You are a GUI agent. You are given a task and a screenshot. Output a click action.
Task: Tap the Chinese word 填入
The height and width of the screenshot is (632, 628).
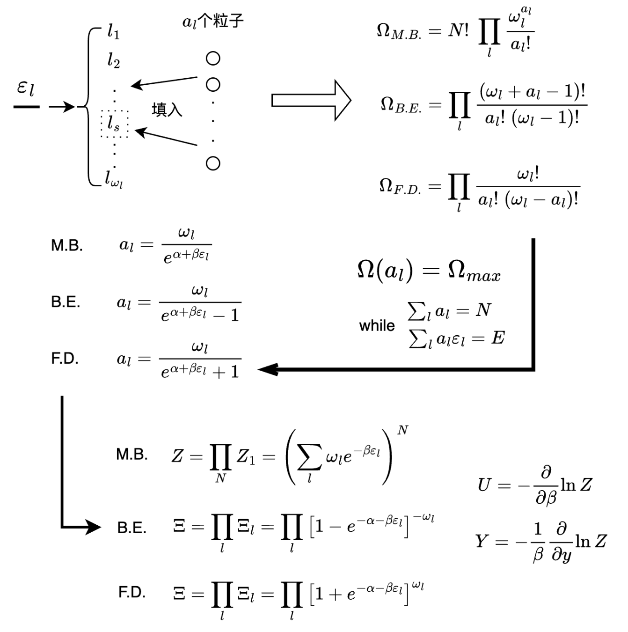pyautogui.click(x=167, y=110)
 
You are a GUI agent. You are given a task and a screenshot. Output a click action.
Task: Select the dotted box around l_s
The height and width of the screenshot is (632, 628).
pyautogui.click(x=114, y=124)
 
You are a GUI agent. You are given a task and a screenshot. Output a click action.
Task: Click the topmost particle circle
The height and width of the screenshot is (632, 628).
pyautogui.click(x=213, y=59)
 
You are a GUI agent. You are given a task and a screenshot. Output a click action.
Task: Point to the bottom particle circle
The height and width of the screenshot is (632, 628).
pyautogui.click(x=213, y=163)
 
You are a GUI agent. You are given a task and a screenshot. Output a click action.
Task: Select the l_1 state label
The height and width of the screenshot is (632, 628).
pyautogui.click(x=113, y=32)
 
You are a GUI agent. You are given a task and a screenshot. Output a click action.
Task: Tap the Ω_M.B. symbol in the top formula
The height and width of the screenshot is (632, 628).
pyautogui.click(x=398, y=32)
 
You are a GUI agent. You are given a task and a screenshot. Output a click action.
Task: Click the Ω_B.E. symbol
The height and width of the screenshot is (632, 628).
pyautogui.click(x=401, y=105)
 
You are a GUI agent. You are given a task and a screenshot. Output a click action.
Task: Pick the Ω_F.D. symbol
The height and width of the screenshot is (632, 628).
pyautogui.click(x=400, y=186)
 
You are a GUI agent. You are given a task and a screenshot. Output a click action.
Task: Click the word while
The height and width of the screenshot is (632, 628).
pyautogui.click(x=377, y=325)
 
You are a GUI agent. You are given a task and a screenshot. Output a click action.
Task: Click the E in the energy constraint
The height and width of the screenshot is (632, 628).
pyautogui.click(x=498, y=338)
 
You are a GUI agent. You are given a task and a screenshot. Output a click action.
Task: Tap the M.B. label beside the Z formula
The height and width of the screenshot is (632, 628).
pyautogui.click(x=132, y=454)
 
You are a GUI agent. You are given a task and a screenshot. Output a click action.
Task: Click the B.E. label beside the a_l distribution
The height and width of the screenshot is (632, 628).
pyautogui.click(x=66, y=302)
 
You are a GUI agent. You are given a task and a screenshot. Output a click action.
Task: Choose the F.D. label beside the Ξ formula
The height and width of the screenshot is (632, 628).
pyautogui.click(x=131, y=592)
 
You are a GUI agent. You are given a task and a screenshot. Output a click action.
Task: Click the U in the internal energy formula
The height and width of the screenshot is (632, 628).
pyautogui.click(x=484, y=485)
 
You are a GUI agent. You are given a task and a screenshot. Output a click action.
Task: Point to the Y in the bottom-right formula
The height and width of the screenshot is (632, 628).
pyautogui.click(x=482, y=542)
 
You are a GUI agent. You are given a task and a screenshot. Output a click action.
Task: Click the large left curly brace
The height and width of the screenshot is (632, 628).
pyautogui.click(x=89, y=107)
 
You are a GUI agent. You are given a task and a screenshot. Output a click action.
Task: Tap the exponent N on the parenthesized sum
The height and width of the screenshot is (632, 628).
pyautogui.click(x=402, y=430)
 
